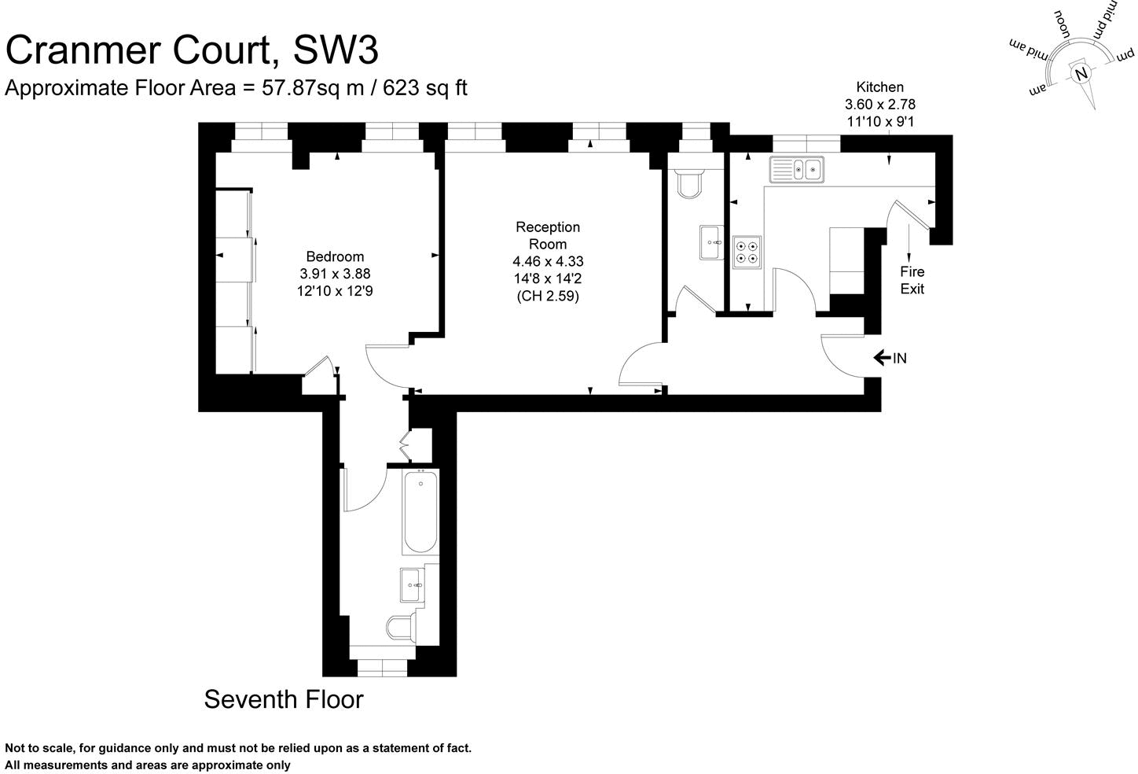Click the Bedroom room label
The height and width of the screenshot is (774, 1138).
[x=335, y=256]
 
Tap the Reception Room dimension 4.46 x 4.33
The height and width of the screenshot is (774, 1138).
[x=548, y=261]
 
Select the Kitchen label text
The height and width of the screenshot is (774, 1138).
[x=879, y=87]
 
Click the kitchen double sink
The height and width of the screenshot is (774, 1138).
[x=797, y=168]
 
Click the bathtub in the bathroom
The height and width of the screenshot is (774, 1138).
[x=420, y=512]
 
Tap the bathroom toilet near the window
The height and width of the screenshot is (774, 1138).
[x=401, y=628]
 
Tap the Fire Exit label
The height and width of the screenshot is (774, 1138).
[x=912, y=280]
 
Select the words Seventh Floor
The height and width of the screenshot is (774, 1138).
[x=284, y=698]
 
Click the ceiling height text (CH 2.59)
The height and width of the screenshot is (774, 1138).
[x=548, y=297]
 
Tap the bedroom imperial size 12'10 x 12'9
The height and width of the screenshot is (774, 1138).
[x=335, y=290]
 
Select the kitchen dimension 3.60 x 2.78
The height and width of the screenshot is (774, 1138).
[x=879, y=104]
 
